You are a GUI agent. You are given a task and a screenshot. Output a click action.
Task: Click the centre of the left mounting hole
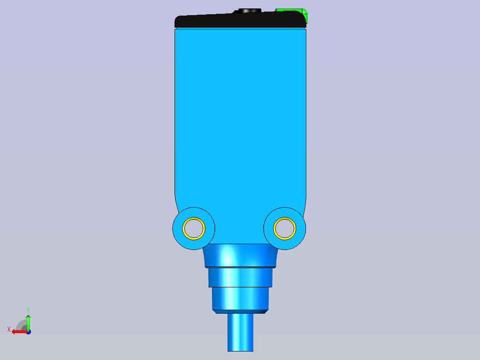pos(194,229)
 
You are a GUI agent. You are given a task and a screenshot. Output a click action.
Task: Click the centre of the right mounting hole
pos(285,229)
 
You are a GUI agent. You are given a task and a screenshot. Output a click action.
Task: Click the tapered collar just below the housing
pos(240,256)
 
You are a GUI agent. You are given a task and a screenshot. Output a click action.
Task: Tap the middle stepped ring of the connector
pos(240,277)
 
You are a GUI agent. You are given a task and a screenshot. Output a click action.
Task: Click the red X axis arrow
pos(18,331)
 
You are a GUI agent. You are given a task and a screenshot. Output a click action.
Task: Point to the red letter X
pos(9,329)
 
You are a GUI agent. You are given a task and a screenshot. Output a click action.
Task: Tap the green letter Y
pos(28,309)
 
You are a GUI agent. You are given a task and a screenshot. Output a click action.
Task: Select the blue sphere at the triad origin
pos(28,332)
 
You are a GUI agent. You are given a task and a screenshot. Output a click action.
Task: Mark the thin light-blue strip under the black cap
pos(240,28)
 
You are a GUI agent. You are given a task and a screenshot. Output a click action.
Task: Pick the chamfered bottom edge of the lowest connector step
pos(240,311)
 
